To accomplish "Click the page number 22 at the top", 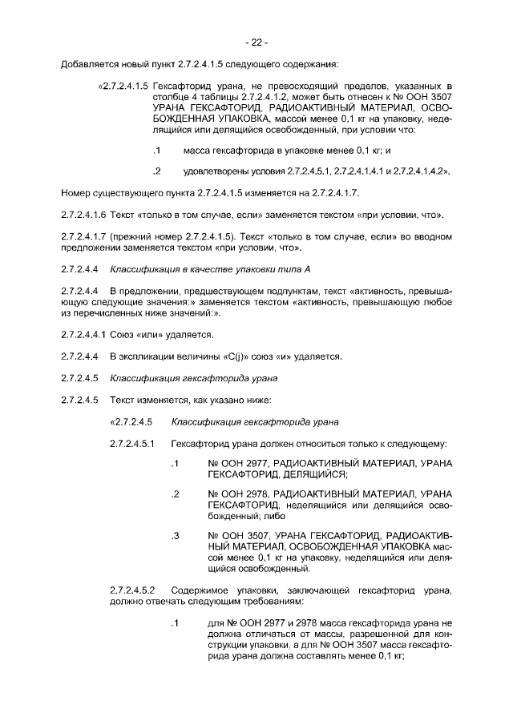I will (256, 42).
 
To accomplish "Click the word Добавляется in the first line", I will (88, 64).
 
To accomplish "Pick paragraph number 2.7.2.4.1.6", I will (83, 216).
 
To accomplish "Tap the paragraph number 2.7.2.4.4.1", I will (83, 332).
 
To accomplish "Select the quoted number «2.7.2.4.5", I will (131, 421).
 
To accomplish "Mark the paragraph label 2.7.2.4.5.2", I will (136, 590).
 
